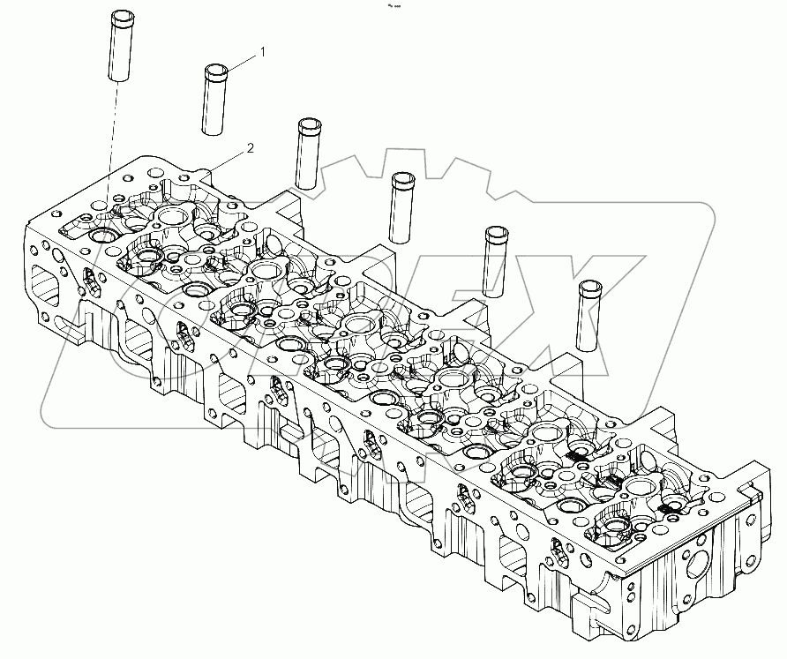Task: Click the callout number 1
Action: pyautogui.click(x=260, y=54)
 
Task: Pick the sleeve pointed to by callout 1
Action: pyautogui.click(x=214, y=99)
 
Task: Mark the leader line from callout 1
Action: pyautogui.click(x=241, y=62)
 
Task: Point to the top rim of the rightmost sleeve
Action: pyautogui.click(x=589, y=285)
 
